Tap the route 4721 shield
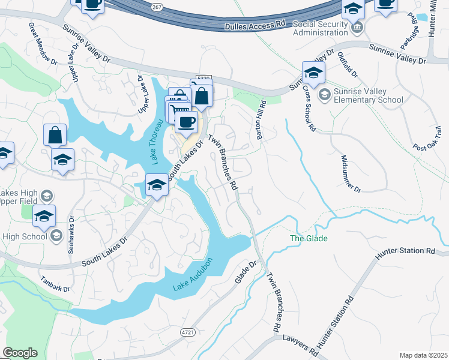187,332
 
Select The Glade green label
309,239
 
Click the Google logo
20,353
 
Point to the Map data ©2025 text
424,355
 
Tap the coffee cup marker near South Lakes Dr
186,122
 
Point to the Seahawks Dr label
72,234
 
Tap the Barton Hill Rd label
261,120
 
